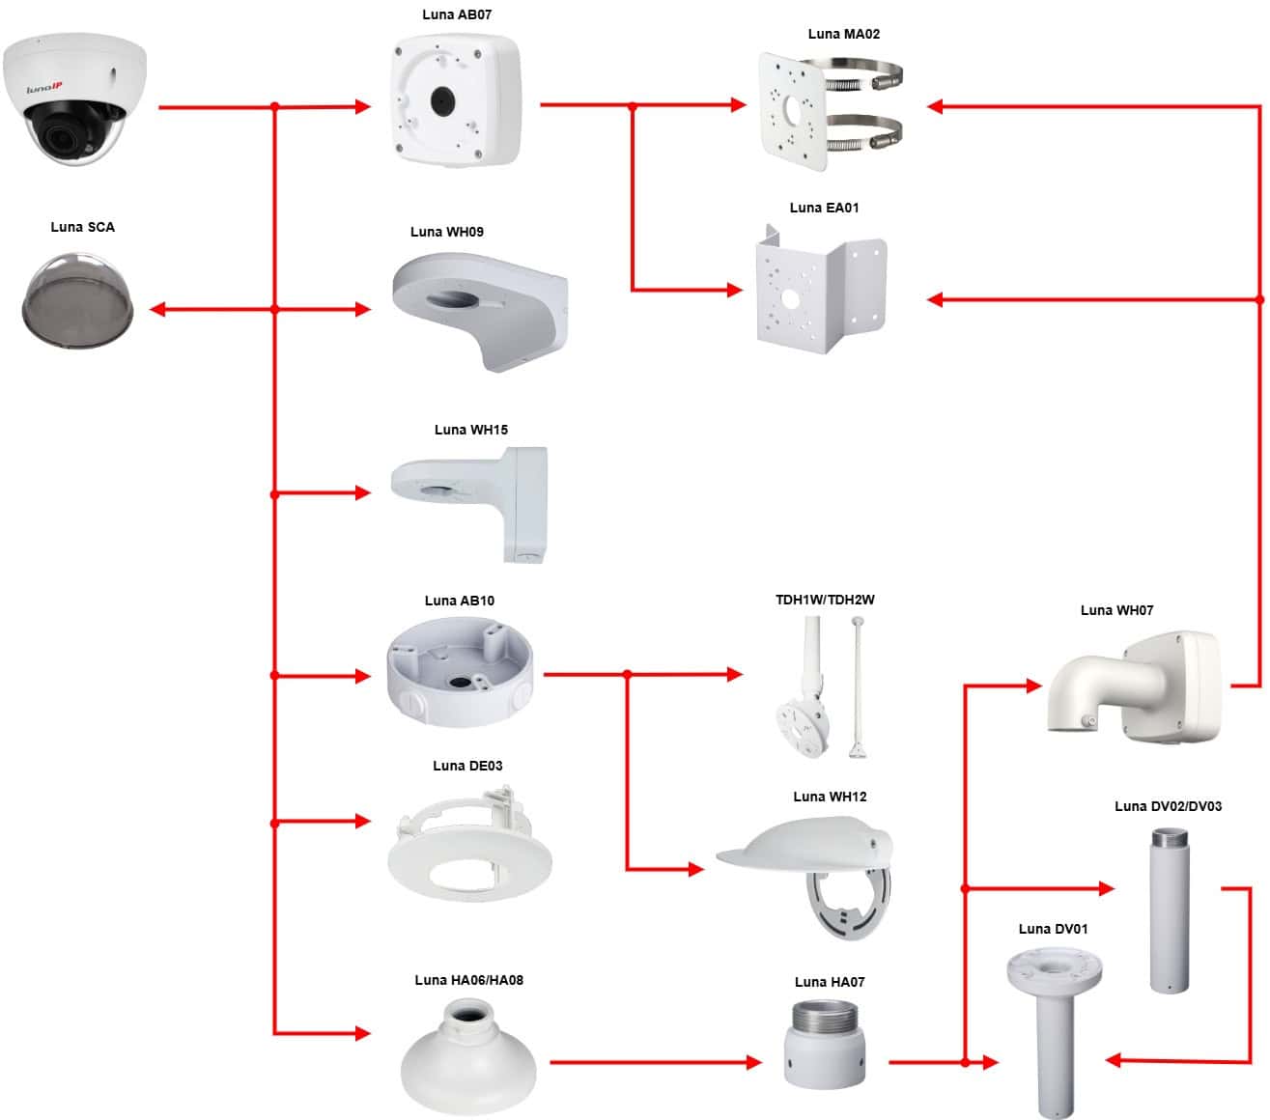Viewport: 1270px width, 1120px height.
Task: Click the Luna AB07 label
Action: click(x=457, y=14)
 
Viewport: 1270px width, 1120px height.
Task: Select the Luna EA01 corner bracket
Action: click(x=820, y=291)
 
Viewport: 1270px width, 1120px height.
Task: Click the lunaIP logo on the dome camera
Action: click(x=43, y=88)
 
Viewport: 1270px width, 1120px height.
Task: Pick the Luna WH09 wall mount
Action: click(x=480, y=311)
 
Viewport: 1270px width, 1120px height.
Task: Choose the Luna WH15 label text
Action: click(x=470, y=430)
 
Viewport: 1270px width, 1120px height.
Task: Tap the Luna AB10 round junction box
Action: click(x=460, y=672)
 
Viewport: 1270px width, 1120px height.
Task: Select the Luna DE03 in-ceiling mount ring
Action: click(x=468, y=844)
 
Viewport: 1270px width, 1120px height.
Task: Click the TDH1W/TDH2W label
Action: click(x=825, y=600)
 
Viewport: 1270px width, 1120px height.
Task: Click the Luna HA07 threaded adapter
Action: click(x=824, y=1044)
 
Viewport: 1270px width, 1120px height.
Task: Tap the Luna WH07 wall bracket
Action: click(x=1135, y=686)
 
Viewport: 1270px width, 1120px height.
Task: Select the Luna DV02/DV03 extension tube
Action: click(x=1170, y=910)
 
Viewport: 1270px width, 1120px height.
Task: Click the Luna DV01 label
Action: click(x=1053, y=929)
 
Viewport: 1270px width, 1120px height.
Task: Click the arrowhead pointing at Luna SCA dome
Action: click(x=157, y=309)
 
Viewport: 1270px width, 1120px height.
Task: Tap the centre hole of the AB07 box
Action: click(x=442, y=100)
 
